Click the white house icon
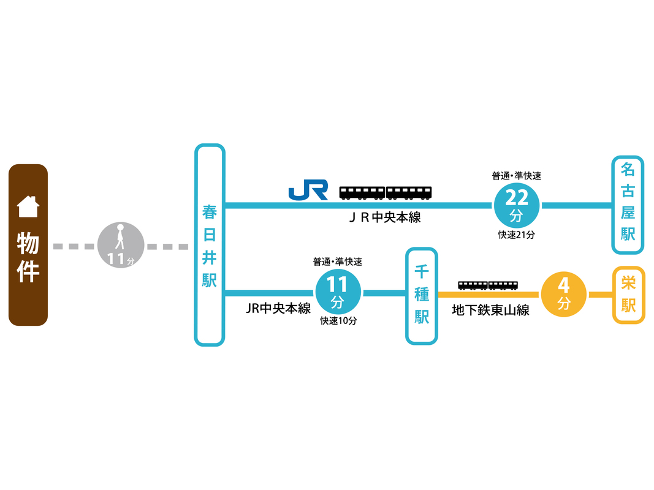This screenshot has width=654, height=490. pyautogui.click(x=28, y=206)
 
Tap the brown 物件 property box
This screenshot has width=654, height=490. pyautogui.click(x=28, y=245)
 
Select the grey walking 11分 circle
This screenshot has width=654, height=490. pyautogui.click(x=121, y=245)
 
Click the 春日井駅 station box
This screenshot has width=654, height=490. pyautogui.click(x=210, y=245)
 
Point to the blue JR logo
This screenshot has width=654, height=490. pyautogui.click(x=308, y=190)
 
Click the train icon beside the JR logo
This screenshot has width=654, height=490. pyautogui.click(x=386, y=193)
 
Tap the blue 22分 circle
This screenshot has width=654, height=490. pyautogui.click(x=516, y=205)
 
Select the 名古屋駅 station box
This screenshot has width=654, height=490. pyautogui.click(x=628, y=205)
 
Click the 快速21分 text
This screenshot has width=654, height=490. pyautogui.click(x=516, y=235)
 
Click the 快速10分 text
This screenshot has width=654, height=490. pyautogui.click(x=338, y=321)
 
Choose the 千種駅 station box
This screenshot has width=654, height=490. pyautogui.click(x=422, y=296)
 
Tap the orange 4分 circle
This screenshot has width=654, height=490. pyautogui.click(x=564, y=294)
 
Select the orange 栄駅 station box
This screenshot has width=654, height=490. pyautogui.click(x=628, y=295)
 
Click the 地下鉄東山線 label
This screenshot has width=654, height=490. pyautogui.click(x=490, y=310)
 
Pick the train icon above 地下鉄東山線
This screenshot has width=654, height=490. pyautogui.click(x=488, y=285)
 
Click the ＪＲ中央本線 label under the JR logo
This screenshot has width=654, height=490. pyautogui.click(x=384, y=217)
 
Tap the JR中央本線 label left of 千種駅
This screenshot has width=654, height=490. pyautogui.click(x=278, y=308)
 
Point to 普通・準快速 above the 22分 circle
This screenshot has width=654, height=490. pyautogui.click(x=516, y=176)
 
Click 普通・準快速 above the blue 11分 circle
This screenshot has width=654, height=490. pyautogui.click(x=338, y=262)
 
